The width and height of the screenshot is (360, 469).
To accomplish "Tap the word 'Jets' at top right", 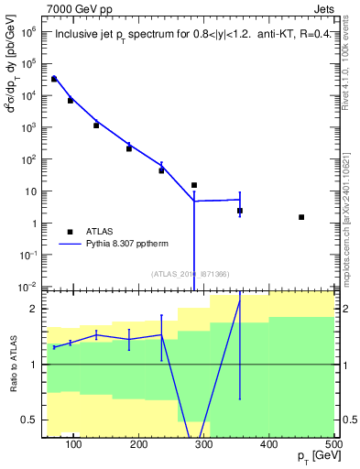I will [323, 8].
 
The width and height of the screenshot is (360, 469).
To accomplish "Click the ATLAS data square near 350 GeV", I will [240, 211].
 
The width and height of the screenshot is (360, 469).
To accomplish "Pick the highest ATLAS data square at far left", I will [54, 79].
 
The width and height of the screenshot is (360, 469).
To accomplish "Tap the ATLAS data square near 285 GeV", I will [194, 185].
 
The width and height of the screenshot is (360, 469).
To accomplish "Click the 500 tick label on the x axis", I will [333, 444].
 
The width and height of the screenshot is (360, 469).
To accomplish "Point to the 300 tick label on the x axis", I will [204, 444].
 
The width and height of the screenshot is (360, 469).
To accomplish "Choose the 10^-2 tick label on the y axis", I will [28, 288].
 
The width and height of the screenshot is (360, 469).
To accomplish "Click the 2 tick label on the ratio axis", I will [34, 309].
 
